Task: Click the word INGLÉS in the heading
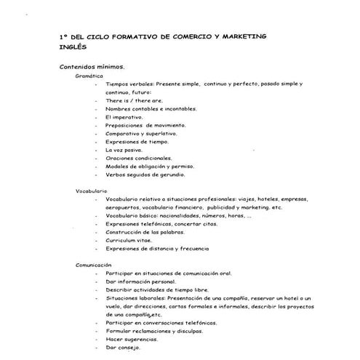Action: (x=73, y=46)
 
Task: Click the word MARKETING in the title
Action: (x=241, y=36)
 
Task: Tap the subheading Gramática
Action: (x=89, y=75)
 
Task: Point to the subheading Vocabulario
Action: (x=92, y=191)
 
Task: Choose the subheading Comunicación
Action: (x=94, y=265)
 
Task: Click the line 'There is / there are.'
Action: (x=134, y=100)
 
